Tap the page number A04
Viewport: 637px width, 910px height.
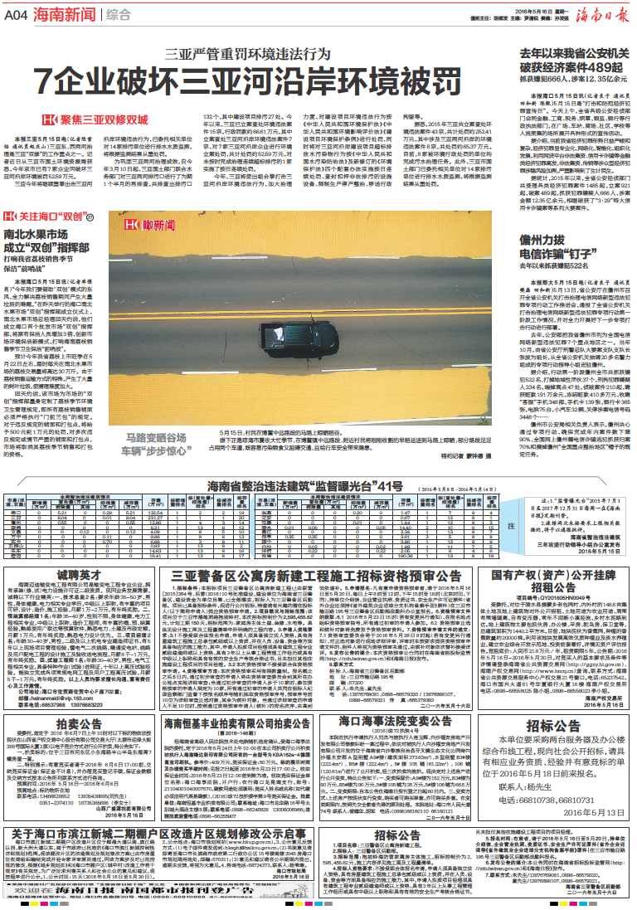17,14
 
